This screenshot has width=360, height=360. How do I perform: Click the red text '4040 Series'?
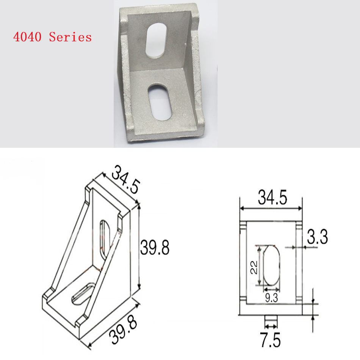click(x=52, y=37)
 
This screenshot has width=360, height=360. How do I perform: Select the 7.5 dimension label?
click(x=271, y=340)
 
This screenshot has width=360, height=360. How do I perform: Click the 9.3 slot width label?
click(x=271, y=298)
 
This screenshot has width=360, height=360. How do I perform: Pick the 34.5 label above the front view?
click(x=272, y=198)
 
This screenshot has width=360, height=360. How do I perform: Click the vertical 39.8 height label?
click(x=155, y=248)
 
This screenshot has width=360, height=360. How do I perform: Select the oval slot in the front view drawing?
click(x=271, y=266)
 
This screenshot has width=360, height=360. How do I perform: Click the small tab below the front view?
click(x=271, y=318)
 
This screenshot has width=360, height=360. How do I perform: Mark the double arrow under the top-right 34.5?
click(x=271, y=208)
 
